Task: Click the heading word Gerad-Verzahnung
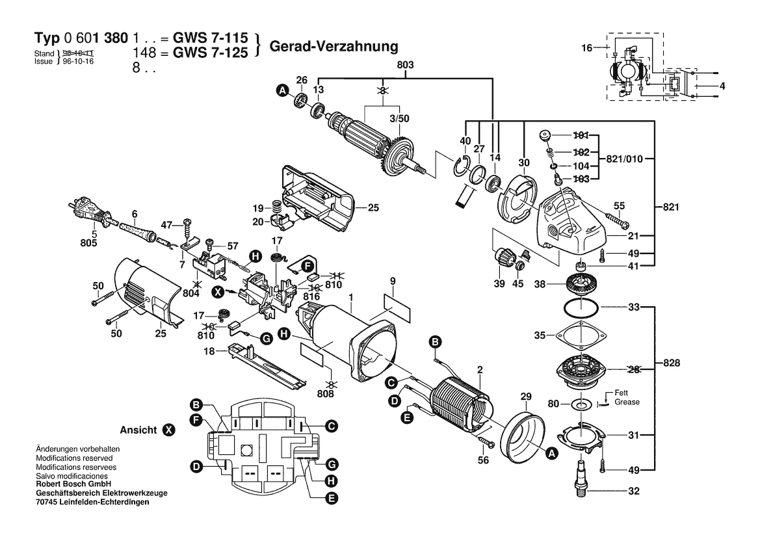tap(333, 47)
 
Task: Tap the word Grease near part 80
tap(627, 402)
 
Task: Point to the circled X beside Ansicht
tap(168, 430)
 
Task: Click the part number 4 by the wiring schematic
tap(722, 86)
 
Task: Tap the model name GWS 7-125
tap(210, 54)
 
